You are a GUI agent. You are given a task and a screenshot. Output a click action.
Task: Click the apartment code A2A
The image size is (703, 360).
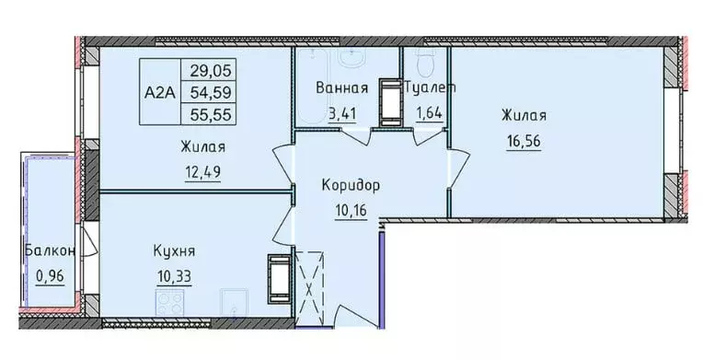160,92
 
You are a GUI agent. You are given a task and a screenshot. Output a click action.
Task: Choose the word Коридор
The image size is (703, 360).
351,185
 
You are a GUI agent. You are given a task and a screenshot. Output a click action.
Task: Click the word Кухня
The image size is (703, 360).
175,250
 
